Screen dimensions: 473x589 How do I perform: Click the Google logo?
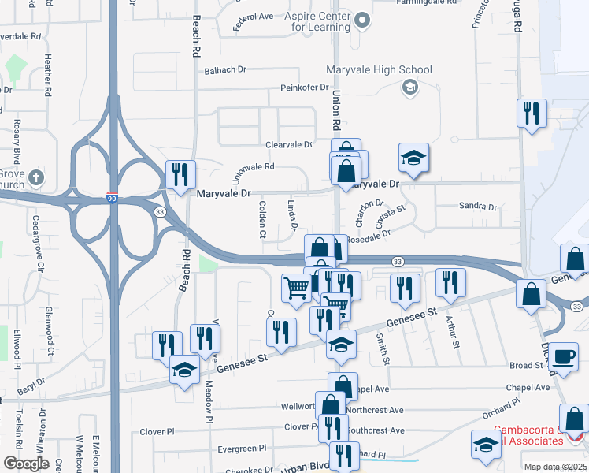pyautogui.click(x=25, y=463)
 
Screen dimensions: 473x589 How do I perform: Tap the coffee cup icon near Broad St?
pyautogui.click(x=563, y=356)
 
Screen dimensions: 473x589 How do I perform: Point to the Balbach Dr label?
pyautogui.click(x=225, y=70)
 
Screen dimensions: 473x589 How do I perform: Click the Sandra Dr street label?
pyautogui.click(x=478, y=207)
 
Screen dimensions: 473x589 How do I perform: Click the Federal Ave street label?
pyautogui.click(x=252, y=22)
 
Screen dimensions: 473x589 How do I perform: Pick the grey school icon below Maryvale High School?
pyautogui.click(x=409, y=88)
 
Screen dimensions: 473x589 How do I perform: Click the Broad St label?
pyautogui.click(x=526, y=366)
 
